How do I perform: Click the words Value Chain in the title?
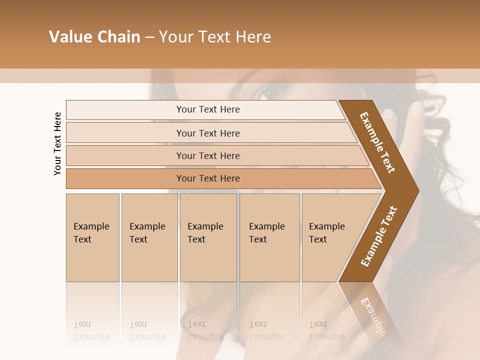[94, 37]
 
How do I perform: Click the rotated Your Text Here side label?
[57, 143]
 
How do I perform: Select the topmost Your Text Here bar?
[207, 109]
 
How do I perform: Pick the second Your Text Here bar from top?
[207, 133]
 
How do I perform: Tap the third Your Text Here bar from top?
[207, 155]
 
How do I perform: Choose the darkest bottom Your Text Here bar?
[207, 178]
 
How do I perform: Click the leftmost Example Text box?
[92, 237]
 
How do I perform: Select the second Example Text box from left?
[149, 237]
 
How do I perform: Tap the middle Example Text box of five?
[208, 237]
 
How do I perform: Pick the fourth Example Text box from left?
[269, 237]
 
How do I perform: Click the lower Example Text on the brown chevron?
[379, 236]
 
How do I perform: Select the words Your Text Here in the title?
[215, 37]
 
